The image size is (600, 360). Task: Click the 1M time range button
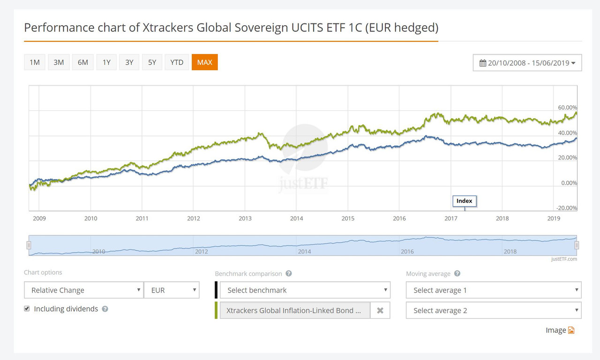tap(35, 62)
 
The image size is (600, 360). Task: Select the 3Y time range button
tap(129, 62)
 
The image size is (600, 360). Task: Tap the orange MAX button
tap(204, 62)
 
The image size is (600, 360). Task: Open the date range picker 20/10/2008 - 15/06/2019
tap(527, 63)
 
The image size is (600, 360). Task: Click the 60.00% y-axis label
tap(568, 108)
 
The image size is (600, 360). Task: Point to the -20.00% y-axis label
tap(567, 208)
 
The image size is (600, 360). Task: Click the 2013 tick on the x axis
tap(245, 218)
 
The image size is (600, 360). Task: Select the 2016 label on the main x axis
tap(399, 218)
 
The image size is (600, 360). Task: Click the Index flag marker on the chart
tap(465, 201)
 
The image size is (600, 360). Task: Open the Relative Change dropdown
tap(83, 290)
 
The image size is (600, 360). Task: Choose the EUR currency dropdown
tap(172, 290)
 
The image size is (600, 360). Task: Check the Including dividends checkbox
tap(27, 308)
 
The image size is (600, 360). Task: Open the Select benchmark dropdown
tap(305, 290)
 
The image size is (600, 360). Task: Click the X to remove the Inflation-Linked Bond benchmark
tap(380, 310)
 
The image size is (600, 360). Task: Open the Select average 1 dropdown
tap(493, 290)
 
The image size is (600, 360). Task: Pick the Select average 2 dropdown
tap(493, 310)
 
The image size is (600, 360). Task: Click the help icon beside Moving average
tap(457, 274)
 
